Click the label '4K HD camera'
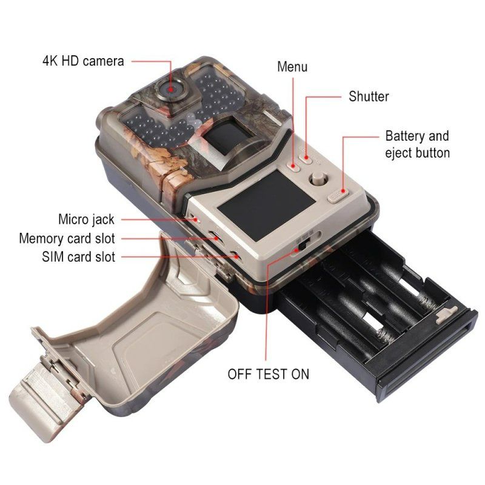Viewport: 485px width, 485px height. (83, 61)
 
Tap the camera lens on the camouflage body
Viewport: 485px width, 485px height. (170, 89)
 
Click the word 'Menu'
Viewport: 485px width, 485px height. (292, 67)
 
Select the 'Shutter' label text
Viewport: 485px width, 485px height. (369, 96)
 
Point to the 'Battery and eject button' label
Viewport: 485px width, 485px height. (417, 144)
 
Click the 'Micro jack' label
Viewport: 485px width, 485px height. (86, 219)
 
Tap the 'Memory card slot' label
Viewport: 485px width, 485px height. (67, 238)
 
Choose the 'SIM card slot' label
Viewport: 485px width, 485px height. (79, 257)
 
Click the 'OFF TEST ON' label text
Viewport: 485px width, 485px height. (268, 374)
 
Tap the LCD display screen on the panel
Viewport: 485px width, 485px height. (266, 206)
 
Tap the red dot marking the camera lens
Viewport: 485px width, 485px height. (171, 90)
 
